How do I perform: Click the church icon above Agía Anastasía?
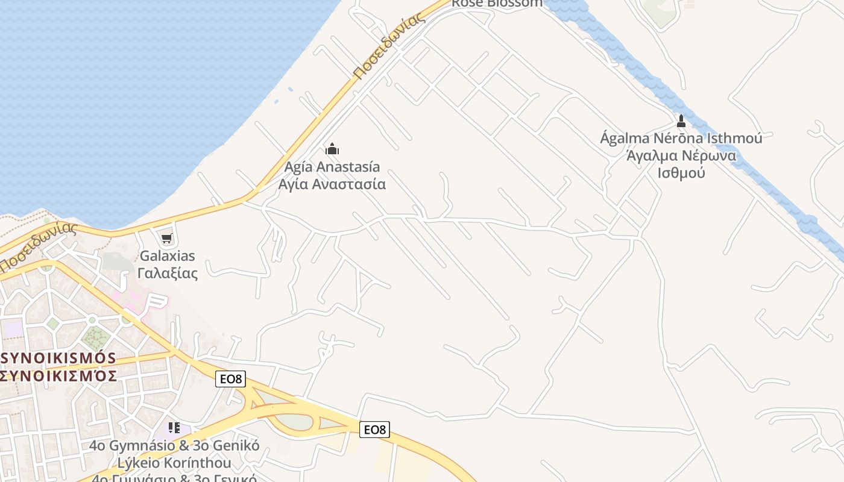[x=332, y=149]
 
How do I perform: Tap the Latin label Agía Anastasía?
[x=332, y=166]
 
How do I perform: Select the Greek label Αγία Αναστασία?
[x=332, y=184]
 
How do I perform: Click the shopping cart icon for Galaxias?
[x=167, y=239]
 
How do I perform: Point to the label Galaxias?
[x=168, y=255]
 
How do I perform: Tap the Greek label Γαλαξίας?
[x=168, y=273]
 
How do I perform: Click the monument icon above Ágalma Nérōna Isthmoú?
[x=681, y=121]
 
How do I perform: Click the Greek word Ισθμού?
[x=681, y=173]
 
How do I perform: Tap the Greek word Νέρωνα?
[x=709, y=155]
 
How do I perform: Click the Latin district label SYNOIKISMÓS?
[x=58, y=358]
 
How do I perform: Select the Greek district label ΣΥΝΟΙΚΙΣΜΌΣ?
[x=58, y=375]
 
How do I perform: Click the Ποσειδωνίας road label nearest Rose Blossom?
[x=389, y=46]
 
